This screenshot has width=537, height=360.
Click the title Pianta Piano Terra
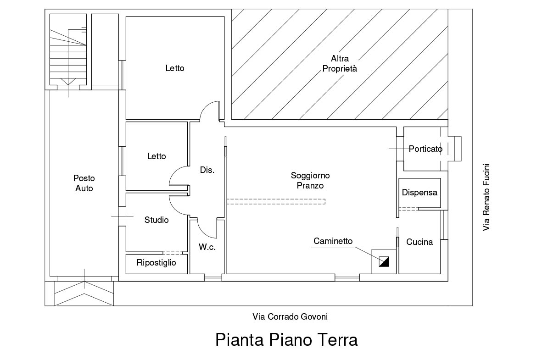pos(286,340)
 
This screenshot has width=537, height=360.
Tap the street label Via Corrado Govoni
pos(290,316)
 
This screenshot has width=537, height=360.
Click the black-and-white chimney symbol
pos(384,261)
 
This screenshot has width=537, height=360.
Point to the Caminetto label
pos(333,241)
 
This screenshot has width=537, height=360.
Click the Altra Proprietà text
pos(340,64)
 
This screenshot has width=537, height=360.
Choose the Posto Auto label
pos(84,183)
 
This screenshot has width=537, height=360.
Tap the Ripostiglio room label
pos(156,263)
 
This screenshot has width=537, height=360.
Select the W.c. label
pos(207,247)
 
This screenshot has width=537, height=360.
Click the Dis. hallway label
pos(207,170)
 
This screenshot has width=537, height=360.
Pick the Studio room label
pos(157,220)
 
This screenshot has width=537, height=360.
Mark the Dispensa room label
pos(420,193)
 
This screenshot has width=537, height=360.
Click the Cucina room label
pos(420,242)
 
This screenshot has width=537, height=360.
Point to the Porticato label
pos(425,149)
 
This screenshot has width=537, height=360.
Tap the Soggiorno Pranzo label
pos(310,181)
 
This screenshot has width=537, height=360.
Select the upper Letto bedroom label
pos(175,68)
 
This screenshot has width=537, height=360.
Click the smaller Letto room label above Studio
pos(157,156)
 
